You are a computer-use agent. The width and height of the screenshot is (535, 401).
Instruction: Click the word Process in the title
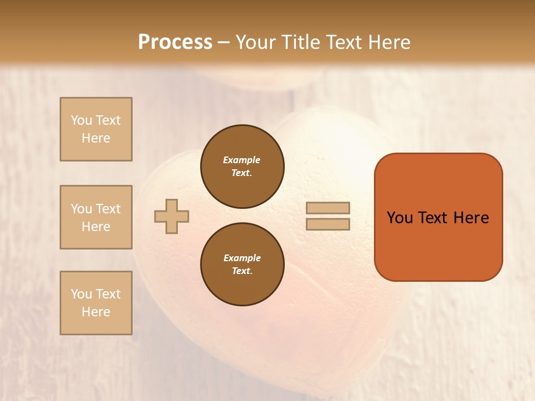point(175,42)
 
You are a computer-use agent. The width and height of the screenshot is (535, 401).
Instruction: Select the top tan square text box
point(96,129)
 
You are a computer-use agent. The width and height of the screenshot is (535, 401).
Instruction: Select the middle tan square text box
point(96,217)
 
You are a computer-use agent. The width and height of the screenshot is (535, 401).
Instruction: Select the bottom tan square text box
point(96,303)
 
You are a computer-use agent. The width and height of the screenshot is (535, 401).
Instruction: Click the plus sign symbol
point(172,216)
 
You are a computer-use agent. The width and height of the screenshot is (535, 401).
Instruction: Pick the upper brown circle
point(242,167)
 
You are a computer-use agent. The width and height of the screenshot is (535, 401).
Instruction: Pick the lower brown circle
point(242,265)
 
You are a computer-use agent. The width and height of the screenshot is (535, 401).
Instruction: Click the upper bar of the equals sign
point(328,208)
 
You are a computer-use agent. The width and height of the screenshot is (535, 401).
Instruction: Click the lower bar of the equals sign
point(328,224)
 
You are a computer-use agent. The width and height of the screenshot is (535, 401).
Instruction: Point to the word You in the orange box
point(400,218)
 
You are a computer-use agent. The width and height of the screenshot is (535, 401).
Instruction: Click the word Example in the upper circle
point(242,160)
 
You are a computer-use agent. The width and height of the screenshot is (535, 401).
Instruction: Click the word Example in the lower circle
point(242,258)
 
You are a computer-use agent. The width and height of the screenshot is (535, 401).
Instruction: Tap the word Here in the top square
point(96,138)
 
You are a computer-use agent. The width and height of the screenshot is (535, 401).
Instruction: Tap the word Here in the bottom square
point(96,312)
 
